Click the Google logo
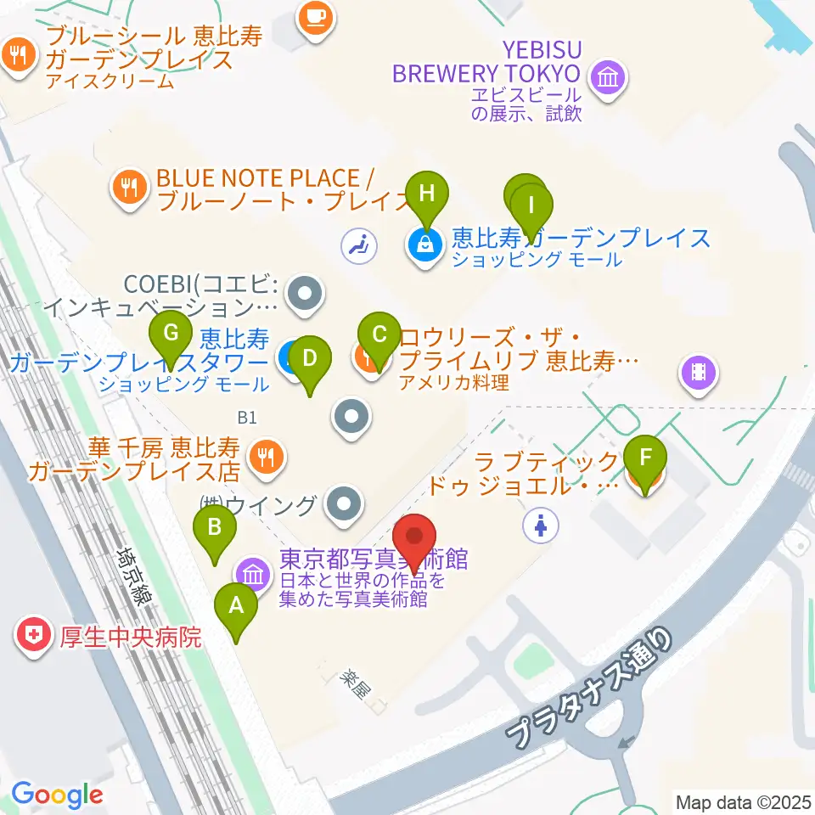click(57, 795)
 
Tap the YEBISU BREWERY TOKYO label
click(486, 61)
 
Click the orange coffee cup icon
click(316, 17)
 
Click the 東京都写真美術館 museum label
click(374, 560)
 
